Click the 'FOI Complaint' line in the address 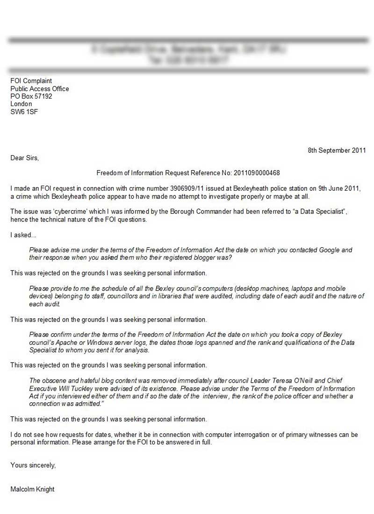click(x=31, y=81)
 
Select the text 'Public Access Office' click(x=40, y=89)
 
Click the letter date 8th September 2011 click(x=337, y=150)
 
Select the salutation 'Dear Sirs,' click(x=25, y=158)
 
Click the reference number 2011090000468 click(x=257, y=173)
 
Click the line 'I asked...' click(x=23, y=235)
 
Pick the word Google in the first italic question click(x=329, y=250)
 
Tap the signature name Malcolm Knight click(x=32, y=489)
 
